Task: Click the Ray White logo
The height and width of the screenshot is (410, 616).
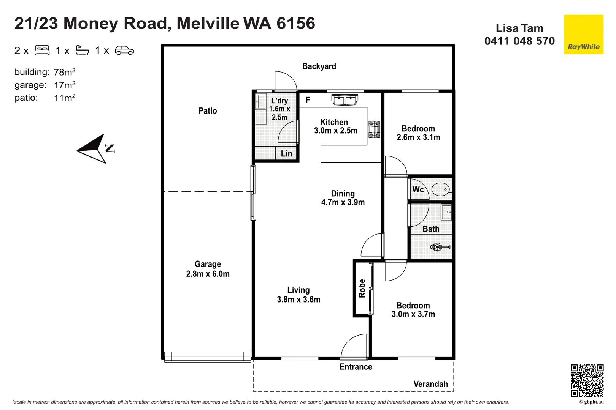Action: [x=583, y=35]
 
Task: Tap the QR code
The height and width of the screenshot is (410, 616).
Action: [x=587, y=380]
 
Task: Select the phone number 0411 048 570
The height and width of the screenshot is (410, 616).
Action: [x=519, y=41]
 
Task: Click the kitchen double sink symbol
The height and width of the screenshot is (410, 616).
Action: [x=345, y=99]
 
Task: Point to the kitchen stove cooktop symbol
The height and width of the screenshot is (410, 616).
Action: [x=374, y=129]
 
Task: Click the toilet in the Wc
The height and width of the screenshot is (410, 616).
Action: [x=441, y=189]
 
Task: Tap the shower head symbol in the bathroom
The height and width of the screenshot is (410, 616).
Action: [x=437, y=247]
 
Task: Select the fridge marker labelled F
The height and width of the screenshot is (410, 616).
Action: [x=308, y=100]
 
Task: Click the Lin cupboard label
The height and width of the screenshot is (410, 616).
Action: [x=286, y=154]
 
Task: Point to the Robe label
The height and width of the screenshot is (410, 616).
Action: [x=362, y=289]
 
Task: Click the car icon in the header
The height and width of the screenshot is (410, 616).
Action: [x=124, y=50]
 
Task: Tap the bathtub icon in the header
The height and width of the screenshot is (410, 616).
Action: [x=82, y=50]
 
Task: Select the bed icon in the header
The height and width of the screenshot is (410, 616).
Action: [x=42, y=50]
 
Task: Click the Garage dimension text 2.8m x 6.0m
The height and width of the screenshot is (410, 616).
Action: [x=208, y=274]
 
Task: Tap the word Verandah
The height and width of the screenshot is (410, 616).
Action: [x=430, y=384]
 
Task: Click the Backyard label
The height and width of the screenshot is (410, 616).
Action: [x=319, y=66]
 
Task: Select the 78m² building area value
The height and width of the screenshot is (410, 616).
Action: [x=64, y=72]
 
